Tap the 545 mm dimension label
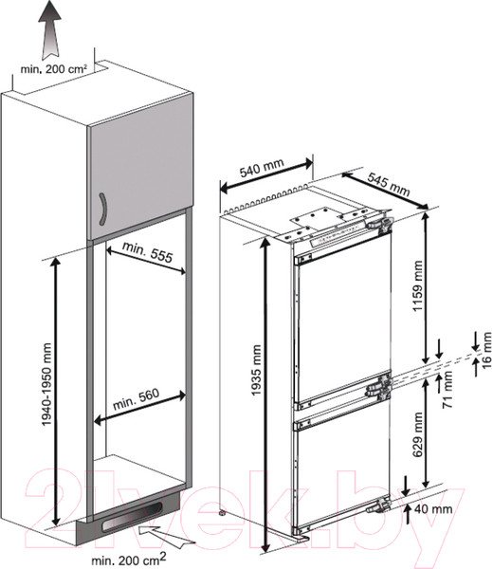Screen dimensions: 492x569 (389, 184)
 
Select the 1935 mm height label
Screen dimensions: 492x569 (256, 370)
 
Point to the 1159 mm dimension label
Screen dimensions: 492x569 (418, 286)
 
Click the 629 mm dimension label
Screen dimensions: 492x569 (418, 434)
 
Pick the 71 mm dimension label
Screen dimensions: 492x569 (447, 390)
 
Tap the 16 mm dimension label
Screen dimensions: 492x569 (485, 350)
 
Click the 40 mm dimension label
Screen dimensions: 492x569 (433, 509)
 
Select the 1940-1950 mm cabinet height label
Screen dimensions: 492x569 (46, 385)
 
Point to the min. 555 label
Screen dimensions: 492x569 (147, 251)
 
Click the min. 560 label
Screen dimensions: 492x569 (137, 399)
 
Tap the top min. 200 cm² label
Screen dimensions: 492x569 (54, 69)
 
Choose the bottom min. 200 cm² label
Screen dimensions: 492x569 (129, 559)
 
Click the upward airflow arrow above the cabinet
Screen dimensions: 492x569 (50, 29)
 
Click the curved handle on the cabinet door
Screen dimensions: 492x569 (102, 209)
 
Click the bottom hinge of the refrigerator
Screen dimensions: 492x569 (378, 505)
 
